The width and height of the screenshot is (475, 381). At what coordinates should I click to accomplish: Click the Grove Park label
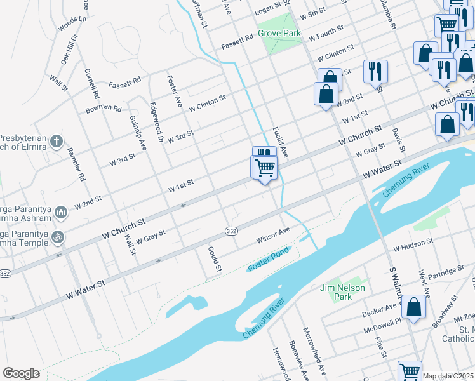click(279, 32)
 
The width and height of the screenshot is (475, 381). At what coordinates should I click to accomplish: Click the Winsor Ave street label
click(273, 234)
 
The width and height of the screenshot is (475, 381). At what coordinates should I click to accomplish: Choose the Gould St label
click(215, 260)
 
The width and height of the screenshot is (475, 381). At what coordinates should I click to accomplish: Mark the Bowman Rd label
click(104, 109)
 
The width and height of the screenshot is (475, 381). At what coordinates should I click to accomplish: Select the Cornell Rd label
click(91, 84)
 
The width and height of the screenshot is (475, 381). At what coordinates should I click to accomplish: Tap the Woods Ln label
click(71, 24)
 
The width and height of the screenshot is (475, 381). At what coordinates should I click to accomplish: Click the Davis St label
click(398, 140)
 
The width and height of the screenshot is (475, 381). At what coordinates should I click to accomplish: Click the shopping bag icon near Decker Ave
click(414, 308)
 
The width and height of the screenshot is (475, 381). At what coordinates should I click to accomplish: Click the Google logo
click(21, 373)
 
